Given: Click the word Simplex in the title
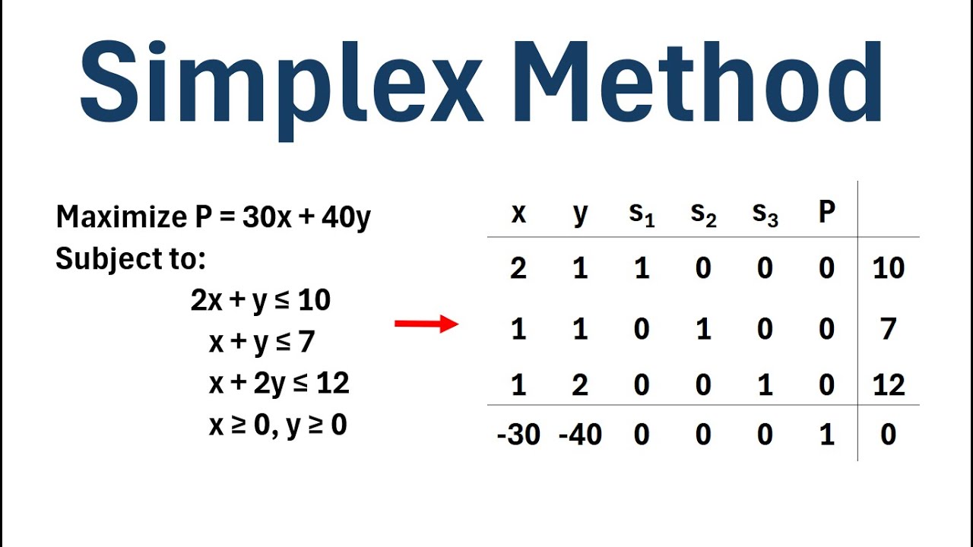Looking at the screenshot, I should [281, 84].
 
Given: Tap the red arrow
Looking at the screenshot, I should [426, 324].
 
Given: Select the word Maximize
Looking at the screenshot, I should [119, 218].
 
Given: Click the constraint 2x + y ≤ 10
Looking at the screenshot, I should [261, 301].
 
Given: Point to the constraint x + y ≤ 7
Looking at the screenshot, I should [261, 343].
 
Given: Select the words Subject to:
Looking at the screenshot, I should [131, 260].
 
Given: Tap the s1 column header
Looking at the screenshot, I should [642, 215].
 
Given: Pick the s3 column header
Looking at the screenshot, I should [765, 215].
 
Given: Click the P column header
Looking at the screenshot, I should [827, 213].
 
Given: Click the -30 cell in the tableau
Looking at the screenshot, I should [518, 435].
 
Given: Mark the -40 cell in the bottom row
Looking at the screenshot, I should [580, 435].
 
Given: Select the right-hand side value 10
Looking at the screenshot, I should [889, 268].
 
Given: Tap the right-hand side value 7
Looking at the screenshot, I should [889, 329].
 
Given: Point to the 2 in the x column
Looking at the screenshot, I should [518, 268].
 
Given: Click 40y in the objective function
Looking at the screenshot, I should [346, 218].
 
